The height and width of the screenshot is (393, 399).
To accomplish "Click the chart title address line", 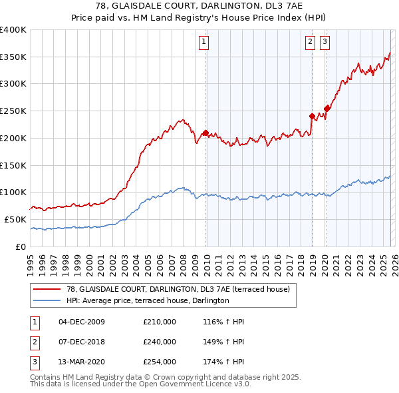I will (199, 7).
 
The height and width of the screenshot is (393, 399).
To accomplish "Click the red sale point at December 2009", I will (205, 133).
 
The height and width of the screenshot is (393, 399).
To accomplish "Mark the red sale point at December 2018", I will (312, 116).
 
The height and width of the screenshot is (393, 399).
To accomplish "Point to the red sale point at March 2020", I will (327, 109).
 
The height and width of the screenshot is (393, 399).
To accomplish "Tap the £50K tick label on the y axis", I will (15, 219).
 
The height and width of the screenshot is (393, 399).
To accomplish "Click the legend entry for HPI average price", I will (148, 300).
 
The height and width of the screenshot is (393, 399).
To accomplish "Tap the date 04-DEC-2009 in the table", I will (82, 322).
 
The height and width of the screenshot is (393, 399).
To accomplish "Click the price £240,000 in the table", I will (160, 341).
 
